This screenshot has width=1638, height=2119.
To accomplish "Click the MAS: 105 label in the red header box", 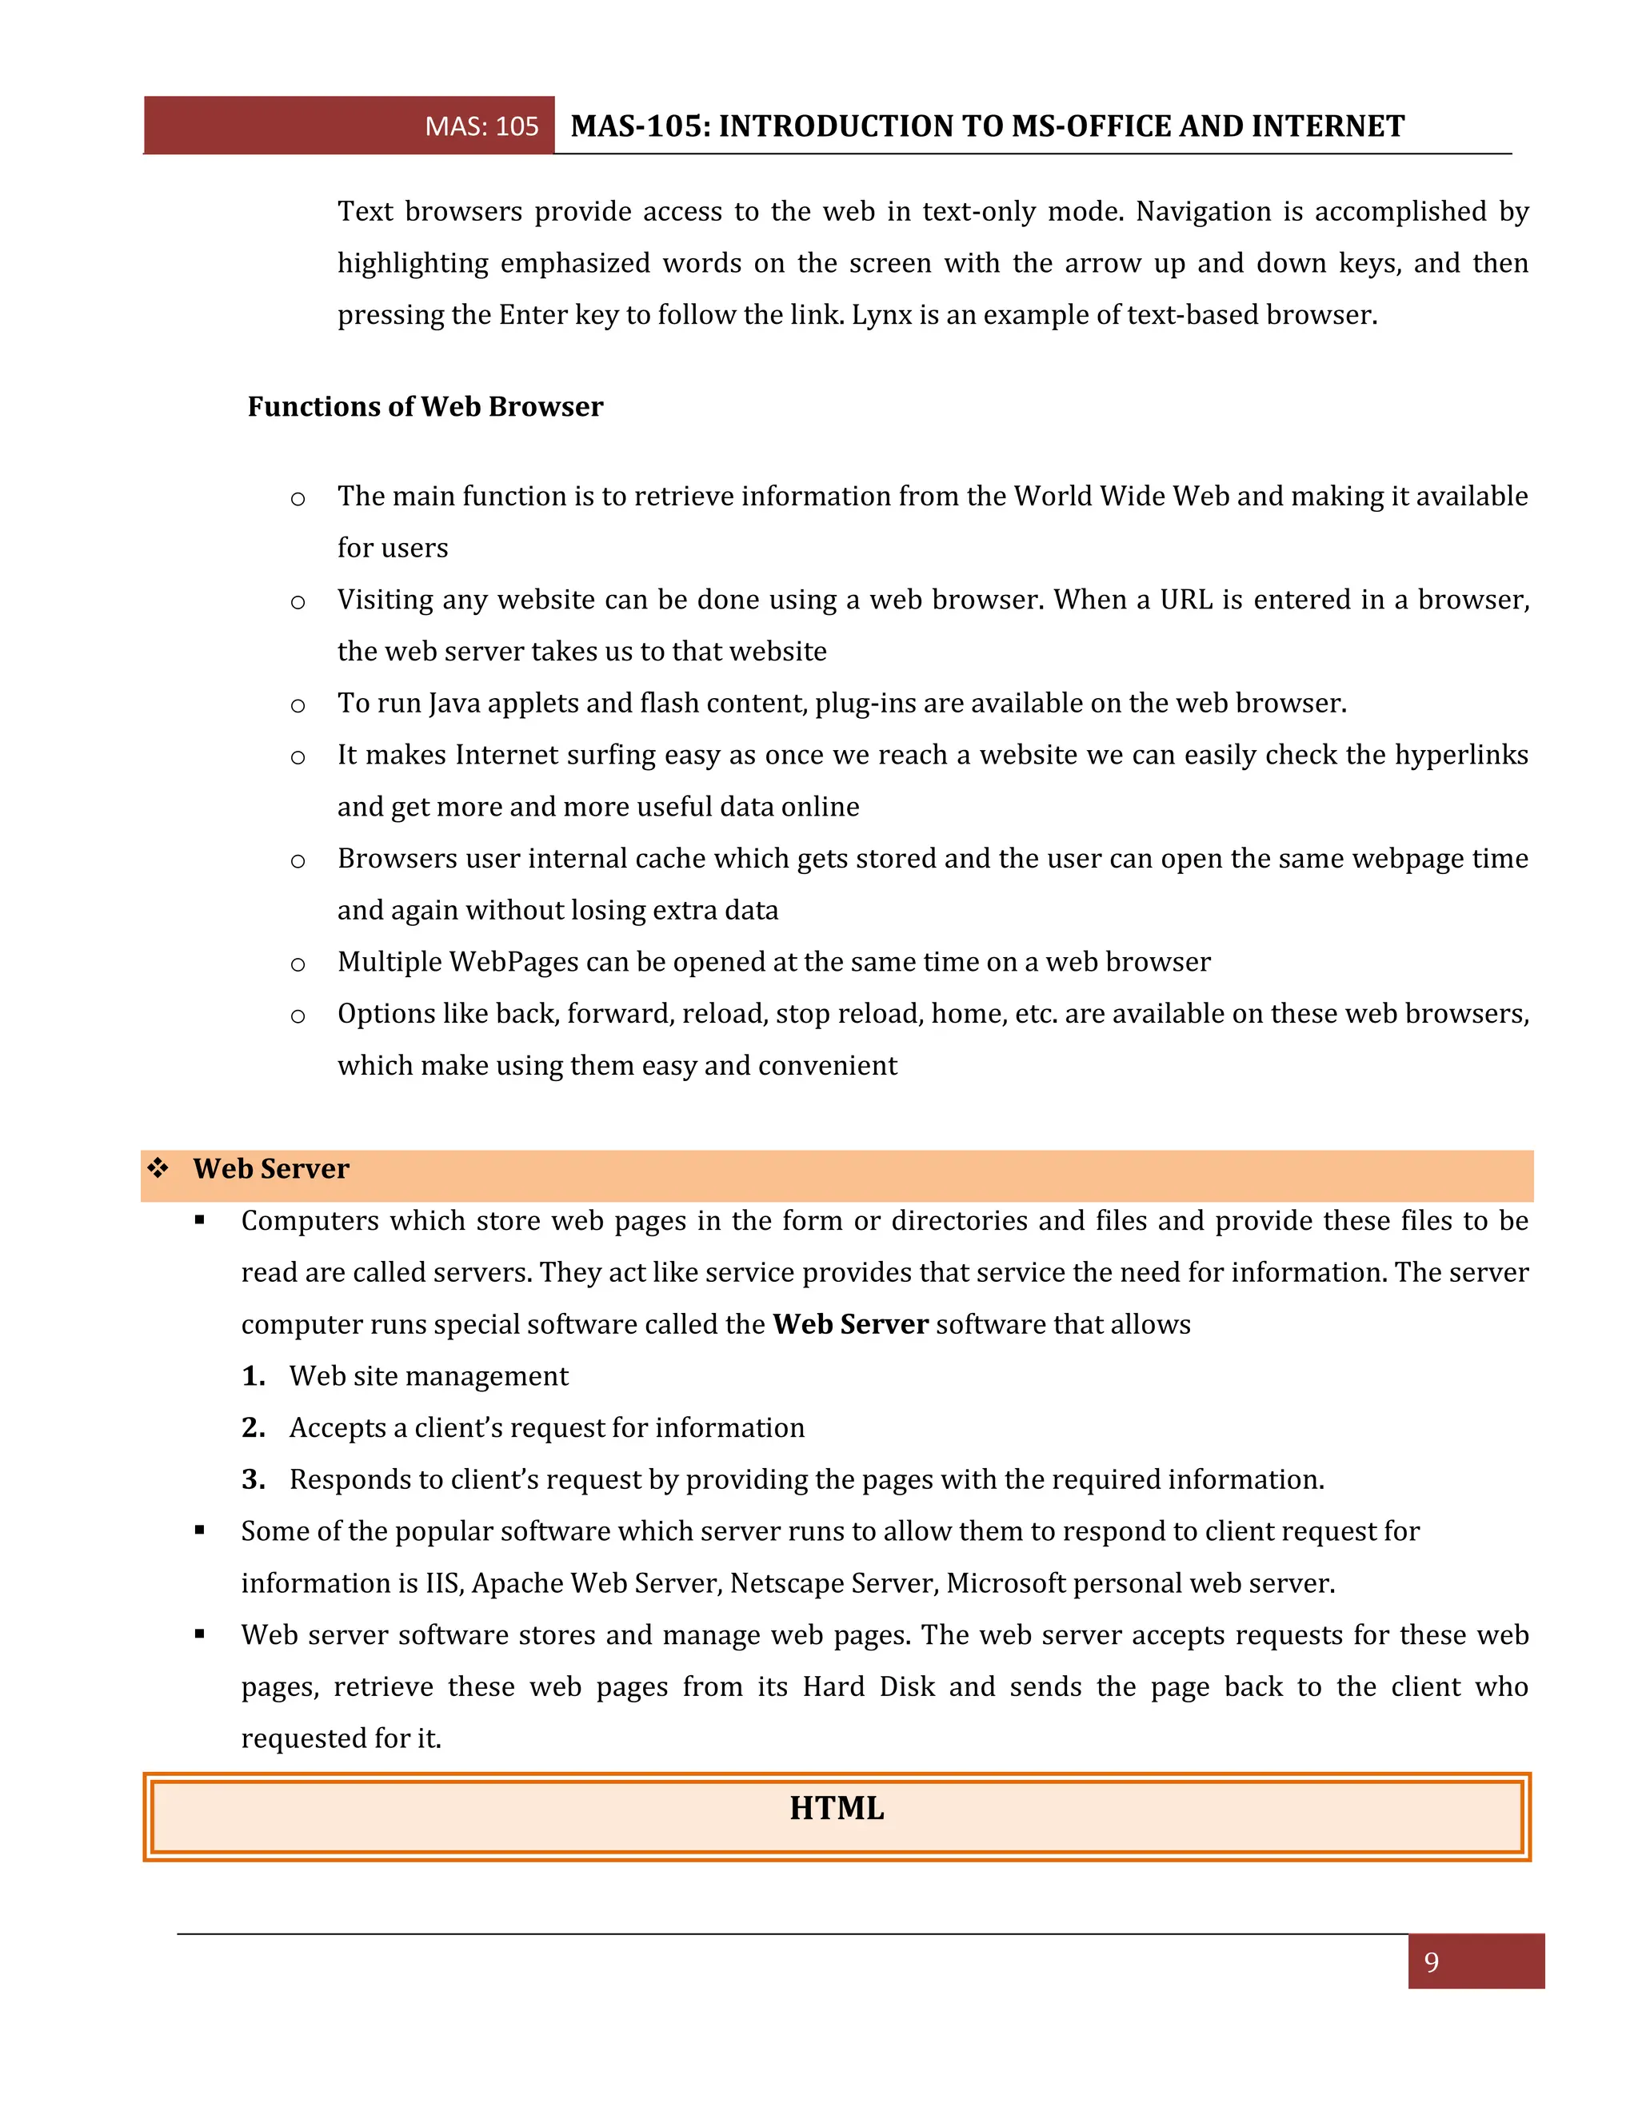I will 481,126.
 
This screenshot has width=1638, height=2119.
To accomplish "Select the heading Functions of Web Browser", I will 425,406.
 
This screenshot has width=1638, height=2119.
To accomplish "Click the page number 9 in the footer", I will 1432,1961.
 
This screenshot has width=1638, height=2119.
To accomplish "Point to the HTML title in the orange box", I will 837,1809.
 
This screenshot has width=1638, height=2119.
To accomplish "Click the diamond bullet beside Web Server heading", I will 158,1167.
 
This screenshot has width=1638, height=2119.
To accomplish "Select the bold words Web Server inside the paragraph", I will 850,1324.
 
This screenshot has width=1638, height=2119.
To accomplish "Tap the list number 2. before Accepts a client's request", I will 254,1427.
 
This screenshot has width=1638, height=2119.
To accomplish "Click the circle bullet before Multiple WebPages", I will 298,964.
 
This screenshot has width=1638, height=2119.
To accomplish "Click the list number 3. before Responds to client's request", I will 254,1479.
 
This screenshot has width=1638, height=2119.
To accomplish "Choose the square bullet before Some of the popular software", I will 200,1530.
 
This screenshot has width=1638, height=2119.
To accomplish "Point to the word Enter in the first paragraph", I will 533,315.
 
